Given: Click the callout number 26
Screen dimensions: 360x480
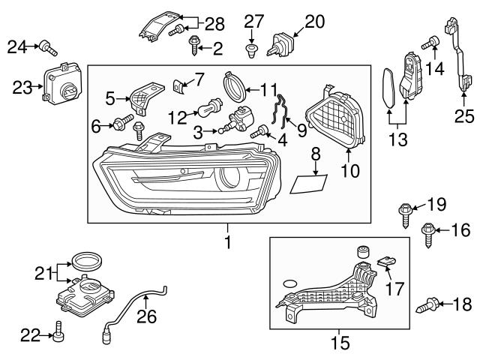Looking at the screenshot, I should point(146,318).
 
